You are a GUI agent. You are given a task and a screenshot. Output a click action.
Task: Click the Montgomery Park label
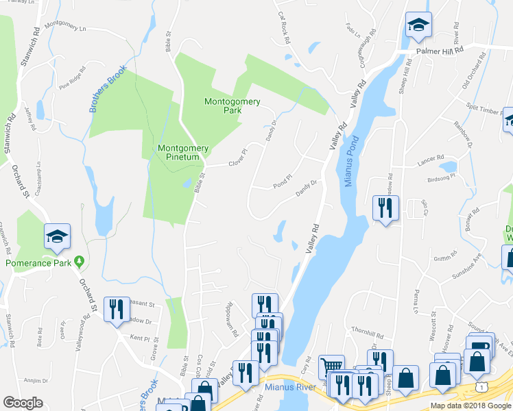232,105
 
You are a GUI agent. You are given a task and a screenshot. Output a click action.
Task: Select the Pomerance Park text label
37,262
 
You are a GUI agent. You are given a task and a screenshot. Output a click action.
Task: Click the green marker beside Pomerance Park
80,262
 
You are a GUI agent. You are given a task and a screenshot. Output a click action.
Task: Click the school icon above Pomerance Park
57,237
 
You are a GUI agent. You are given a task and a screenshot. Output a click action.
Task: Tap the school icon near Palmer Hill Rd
418,26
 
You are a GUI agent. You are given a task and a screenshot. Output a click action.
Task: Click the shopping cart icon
332,368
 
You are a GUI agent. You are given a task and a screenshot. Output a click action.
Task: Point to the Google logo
23,403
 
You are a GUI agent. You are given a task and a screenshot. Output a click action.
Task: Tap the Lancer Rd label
431,164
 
